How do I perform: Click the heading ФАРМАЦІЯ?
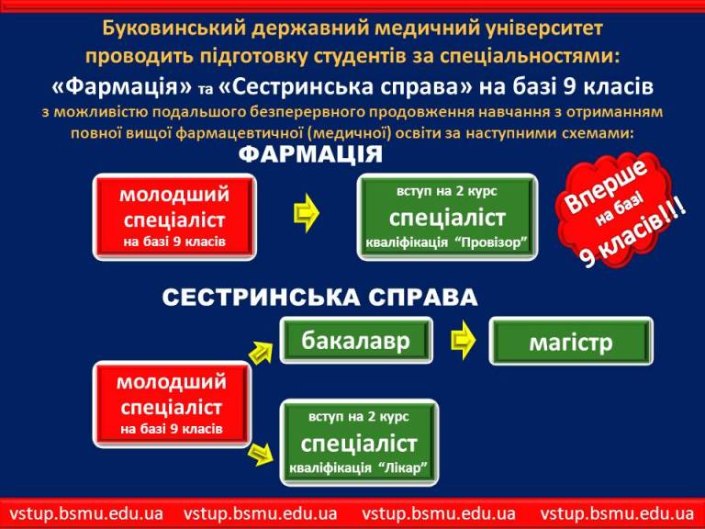pos(310,154)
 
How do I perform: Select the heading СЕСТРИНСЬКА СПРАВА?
pos(319,298)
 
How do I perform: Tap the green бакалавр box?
pos(356,341)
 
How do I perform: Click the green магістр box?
pos(571,342)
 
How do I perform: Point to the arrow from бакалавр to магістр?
pos(463,340)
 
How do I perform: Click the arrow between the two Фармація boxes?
pos(307,213)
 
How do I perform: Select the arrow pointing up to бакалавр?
pos(262,352)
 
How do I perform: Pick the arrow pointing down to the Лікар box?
pos(261,454)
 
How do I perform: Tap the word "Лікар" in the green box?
pos(404,467)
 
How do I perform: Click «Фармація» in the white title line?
pos(121,86)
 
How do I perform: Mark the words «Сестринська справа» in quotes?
pos(345,86)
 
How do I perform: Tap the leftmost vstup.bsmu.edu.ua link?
pos(87,513)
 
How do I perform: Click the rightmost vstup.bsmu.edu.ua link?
pos(617,513)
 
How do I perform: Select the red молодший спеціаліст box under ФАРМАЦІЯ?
pos(174,218)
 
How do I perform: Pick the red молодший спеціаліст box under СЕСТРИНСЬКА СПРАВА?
pos(172,404)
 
